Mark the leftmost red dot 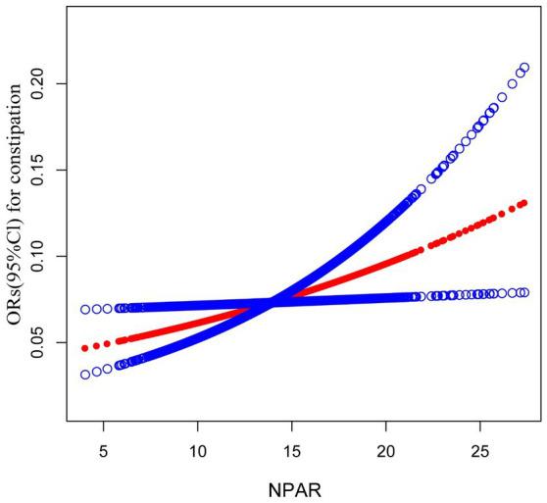click(x=85, y=348)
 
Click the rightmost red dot click(x=523, y=203)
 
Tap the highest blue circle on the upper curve click(x=523, y=68)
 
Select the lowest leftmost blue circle click(x=85, y=374)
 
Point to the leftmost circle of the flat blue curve click(x=85, y=309)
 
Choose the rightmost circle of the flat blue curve click(x=523, y=292)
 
